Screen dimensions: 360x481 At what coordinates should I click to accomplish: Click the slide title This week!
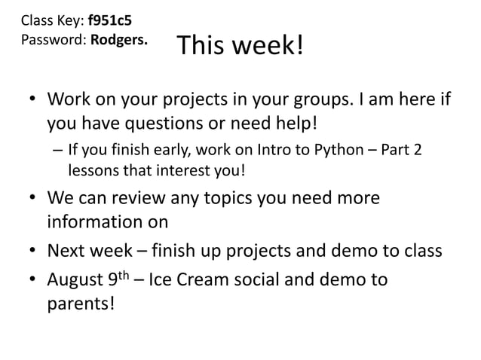coord(240,47)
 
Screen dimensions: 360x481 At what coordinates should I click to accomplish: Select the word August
coord(75,281)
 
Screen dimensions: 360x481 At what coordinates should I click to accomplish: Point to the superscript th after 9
coord(125,276)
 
